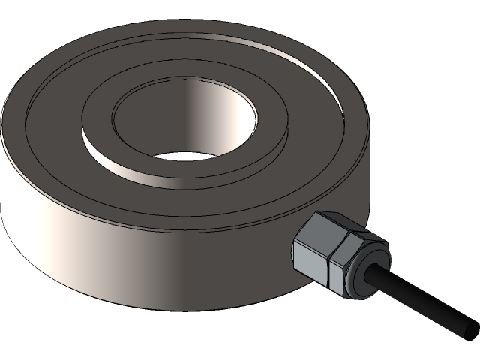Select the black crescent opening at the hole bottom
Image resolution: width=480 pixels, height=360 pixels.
184,155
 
